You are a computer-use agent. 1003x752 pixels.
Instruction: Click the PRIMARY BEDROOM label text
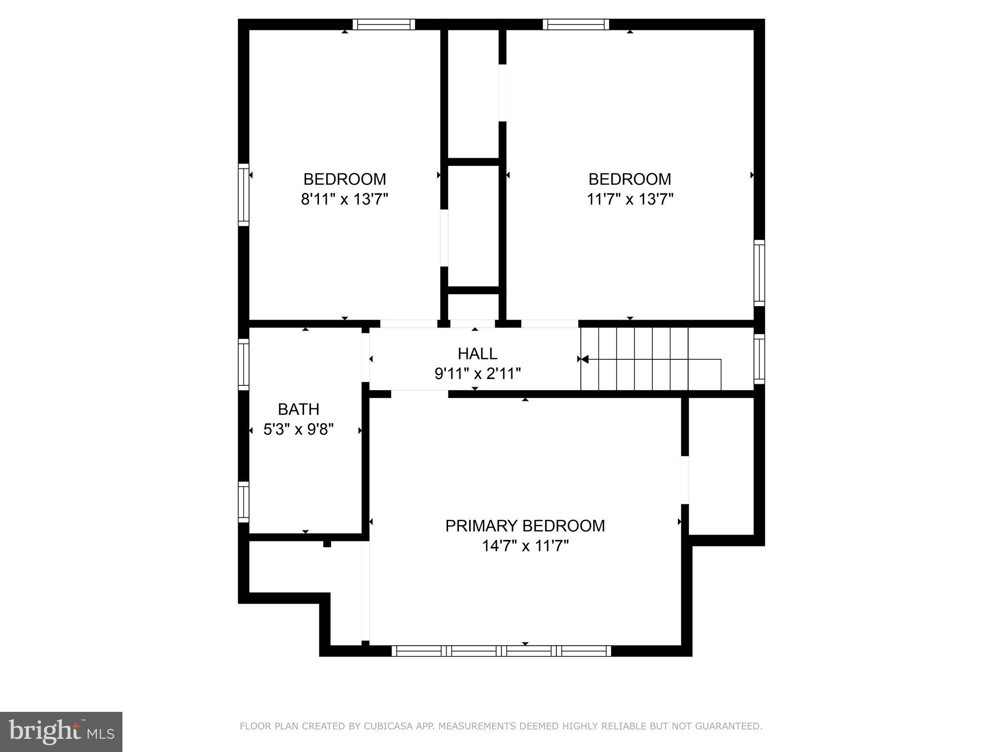[x=525, y=526]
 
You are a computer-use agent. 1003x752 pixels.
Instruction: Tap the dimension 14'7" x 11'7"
[x=525, y=546]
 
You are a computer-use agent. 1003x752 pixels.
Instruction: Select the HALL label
[x=477, y=353]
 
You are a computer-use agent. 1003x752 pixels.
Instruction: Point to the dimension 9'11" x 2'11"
[x=477, y=374]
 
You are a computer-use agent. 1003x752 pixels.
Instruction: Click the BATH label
[x=298, y=409]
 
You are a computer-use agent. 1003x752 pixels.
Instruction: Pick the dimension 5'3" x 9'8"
[x=298, y=430]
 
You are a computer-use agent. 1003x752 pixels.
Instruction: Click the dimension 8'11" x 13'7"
[x=344, y=200]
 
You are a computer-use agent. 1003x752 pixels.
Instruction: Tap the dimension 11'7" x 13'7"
[x=630, y=200]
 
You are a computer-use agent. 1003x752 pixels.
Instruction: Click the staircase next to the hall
[x=651, y=359]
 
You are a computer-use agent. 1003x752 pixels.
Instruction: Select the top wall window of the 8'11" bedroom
[x=383, y=24]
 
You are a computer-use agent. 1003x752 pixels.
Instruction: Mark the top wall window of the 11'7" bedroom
[x=575, y=24]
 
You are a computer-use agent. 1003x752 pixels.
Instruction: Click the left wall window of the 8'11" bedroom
[x=243, y=195]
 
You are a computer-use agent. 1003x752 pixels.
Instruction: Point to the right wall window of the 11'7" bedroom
[x=759, y=273]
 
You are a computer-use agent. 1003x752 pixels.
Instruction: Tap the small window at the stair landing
[x=759, y=359]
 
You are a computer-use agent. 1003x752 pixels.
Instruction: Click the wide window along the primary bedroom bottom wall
[x=501, y=651]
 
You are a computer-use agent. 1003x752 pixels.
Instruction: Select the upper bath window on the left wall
[x=243, y=364]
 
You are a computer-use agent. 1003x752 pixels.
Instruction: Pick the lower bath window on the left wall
[x=243, y=502]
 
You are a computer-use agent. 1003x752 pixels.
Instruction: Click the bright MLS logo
[x=61, y=731]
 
